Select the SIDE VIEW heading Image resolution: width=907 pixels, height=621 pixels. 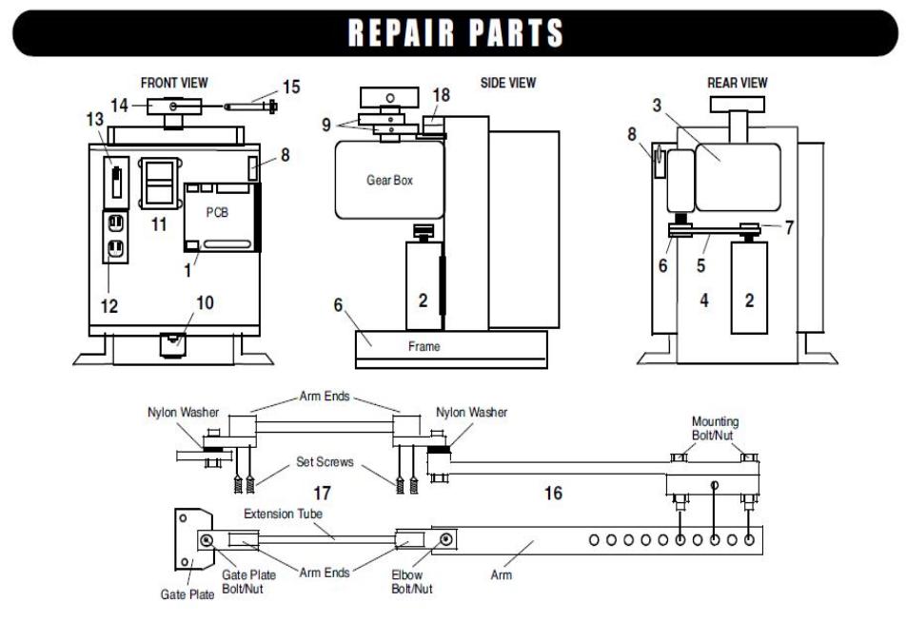click(x=507, y=83)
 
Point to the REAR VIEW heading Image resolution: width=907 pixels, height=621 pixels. click(x=738, y=83)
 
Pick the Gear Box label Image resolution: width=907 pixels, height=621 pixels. click(x=389, y=180)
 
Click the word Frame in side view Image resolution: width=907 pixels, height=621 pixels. click(x=424, y=346)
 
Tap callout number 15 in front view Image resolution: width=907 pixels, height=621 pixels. click(x=291, y=87)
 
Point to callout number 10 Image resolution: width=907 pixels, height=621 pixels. click(x=205, y=304)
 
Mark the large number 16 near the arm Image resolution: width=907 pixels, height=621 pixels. click(x=552, y=494)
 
